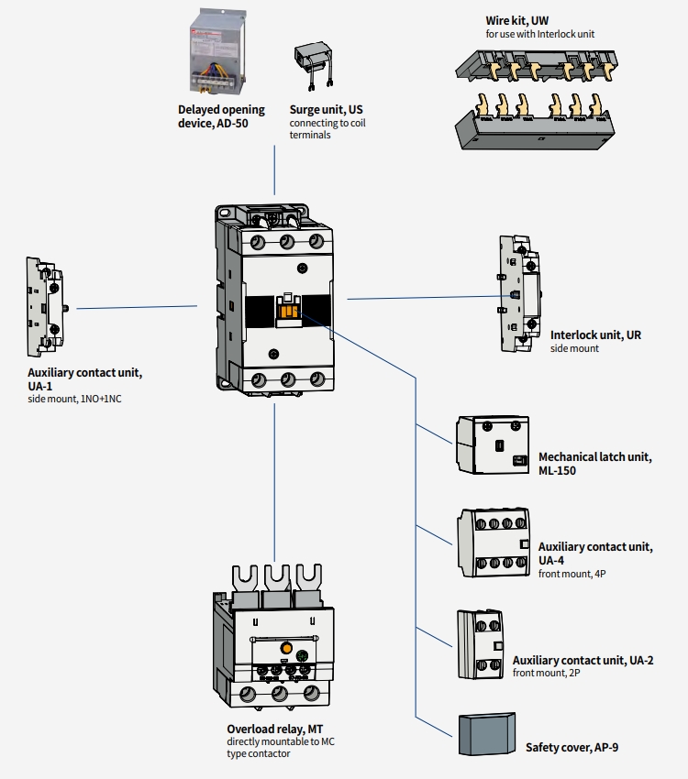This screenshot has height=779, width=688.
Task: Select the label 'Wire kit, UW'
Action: coord(517,20)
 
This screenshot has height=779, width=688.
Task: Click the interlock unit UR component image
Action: coord(518,293)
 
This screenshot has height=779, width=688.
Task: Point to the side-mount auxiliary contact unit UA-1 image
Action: coord(46,308)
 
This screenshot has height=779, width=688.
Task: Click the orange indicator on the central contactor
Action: coord(287,313)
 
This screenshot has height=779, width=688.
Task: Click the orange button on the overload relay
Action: coord(285,650)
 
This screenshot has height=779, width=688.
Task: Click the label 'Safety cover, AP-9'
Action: coord(571,748)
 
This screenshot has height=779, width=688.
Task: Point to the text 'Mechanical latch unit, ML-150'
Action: coord(594,463)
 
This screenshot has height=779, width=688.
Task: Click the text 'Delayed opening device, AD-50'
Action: coord(221,116)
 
